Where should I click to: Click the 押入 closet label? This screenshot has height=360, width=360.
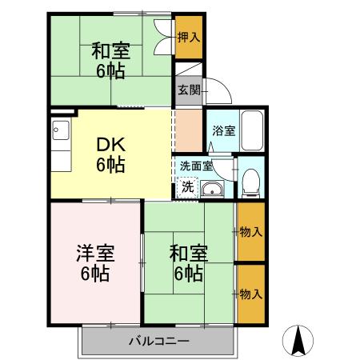189,37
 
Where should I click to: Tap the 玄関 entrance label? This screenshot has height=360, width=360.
189,90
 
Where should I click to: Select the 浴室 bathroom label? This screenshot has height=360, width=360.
223,131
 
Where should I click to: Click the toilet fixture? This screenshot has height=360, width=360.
251,181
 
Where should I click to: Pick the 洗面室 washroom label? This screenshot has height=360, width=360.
195,166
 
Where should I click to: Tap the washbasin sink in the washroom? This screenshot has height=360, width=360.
211,189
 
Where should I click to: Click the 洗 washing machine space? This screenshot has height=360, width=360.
186,187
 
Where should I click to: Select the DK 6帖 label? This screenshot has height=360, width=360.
110,156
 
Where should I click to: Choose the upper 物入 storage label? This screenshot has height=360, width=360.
251,232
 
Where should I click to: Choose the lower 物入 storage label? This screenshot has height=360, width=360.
251,294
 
